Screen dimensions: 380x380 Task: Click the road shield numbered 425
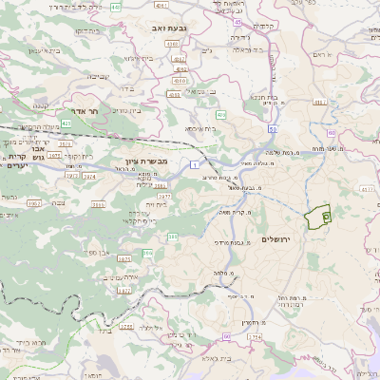point(66,123)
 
